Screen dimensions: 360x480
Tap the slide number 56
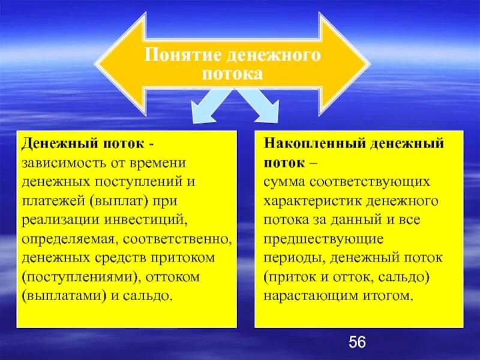[x=357, y=343]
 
